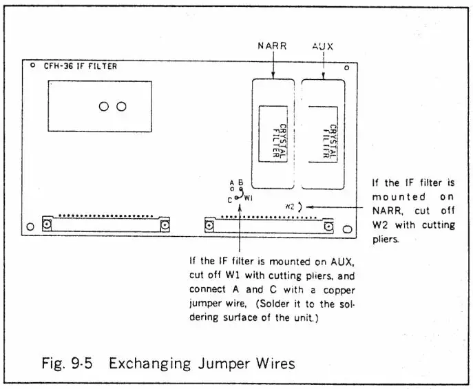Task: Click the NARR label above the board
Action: click(x=273, y=47)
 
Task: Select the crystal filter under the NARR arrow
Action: click(x=274, y=134)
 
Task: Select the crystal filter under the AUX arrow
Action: click(x=324, y=134)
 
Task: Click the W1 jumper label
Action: click(x=249, y=198)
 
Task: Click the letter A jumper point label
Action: click(x=232, y=182)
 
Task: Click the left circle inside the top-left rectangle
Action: click(x=105, y=107)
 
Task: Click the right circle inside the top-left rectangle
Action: click(x=122, y=107)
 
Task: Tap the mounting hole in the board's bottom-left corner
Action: click(x=29, y=227)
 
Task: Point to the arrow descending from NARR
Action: click(x=273, y=65)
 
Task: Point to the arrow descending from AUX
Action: click(x=324, y=65)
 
